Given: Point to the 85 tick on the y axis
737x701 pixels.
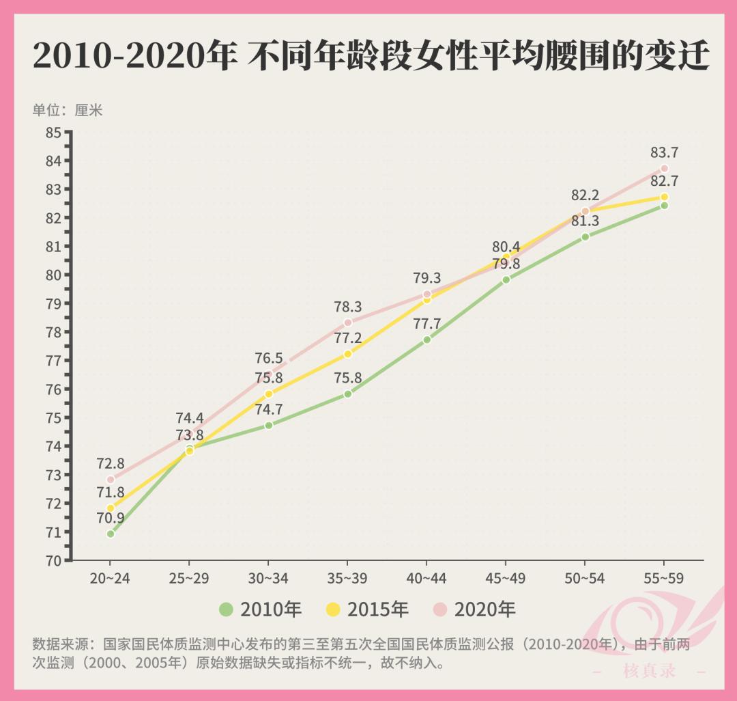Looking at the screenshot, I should coord(53,132).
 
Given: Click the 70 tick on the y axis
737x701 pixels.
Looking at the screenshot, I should coord(53,560).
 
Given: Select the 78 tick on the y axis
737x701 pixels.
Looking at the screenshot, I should coord(53,332).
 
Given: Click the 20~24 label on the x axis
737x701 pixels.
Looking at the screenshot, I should coord(110,579).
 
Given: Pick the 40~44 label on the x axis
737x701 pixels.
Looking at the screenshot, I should coord(427,579).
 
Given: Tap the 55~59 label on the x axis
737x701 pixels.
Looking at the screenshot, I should coord(663,579).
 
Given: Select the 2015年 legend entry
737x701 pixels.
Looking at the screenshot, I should coord(367,609).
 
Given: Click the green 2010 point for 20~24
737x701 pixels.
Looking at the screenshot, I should coord(111,534).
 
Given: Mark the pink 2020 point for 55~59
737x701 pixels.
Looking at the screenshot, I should coord(664,169).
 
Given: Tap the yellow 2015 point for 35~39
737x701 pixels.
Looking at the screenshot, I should coord(348,354).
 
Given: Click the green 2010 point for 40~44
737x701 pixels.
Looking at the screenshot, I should coord(427,340).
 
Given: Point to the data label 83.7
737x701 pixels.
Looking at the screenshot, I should coord(664,153).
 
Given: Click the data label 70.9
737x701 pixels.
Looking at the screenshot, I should coord(111,518).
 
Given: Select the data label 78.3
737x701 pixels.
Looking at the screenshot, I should coord(348,307).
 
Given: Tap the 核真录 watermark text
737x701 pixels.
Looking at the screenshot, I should coord(649,671).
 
